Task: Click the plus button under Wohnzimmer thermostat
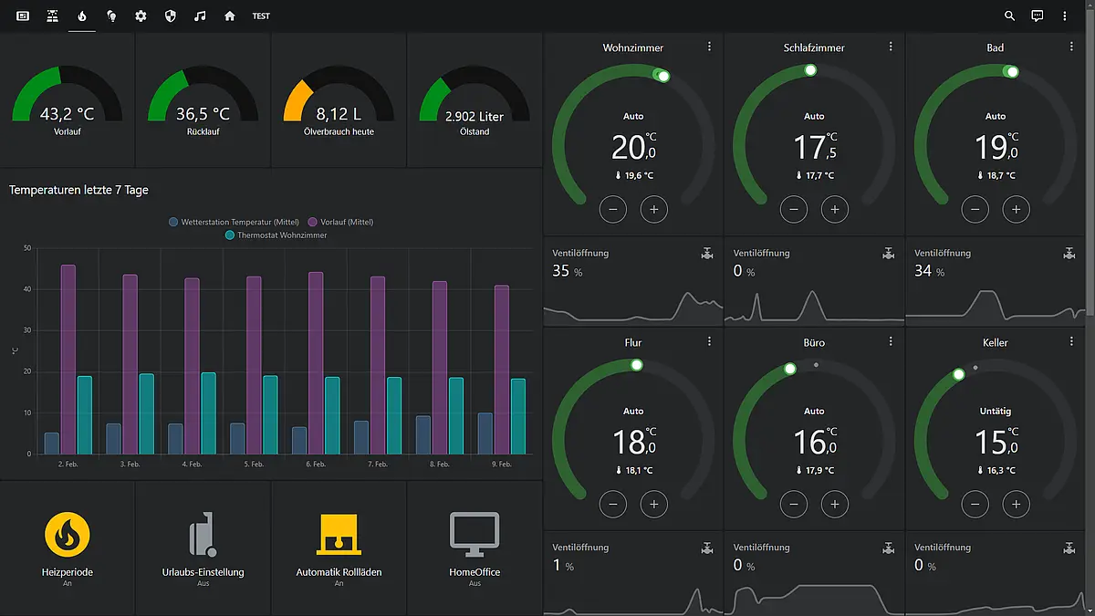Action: (653, 210)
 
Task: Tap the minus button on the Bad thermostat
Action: (975, 210)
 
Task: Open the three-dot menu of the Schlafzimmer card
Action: (891, 47)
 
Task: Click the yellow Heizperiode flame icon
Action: (68, 535)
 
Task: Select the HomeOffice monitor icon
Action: (474, 534)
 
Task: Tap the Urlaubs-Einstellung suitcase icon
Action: (203, 534)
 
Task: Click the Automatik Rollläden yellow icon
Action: (339, 534)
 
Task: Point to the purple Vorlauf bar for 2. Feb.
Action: (68, 360)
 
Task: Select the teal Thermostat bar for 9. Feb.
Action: (518, 416)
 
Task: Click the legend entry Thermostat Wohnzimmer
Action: (276, 235)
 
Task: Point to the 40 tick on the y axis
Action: (27, 289)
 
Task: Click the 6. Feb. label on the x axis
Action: (316, 464)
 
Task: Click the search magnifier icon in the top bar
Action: (1009, 16)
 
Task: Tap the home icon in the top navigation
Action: (229, 16)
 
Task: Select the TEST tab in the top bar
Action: (261, 16)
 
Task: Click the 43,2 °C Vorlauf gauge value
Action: (67, 114)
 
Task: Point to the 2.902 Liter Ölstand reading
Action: (474, 117)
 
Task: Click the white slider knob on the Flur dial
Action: (637, 365)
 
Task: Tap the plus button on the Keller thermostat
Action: (1016, 504)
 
